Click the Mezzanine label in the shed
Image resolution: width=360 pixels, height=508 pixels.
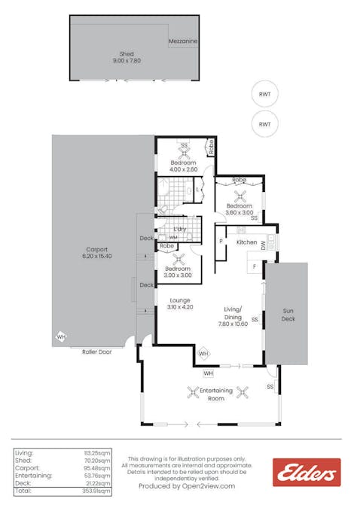[183, 40]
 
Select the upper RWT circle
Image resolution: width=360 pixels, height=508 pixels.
[264, 95]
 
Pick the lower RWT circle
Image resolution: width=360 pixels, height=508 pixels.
[264, 123]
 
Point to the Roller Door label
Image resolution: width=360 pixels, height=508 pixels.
[96, 351]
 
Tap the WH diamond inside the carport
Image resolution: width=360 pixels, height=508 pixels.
[60, 338]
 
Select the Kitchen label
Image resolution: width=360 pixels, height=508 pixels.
[247, 242]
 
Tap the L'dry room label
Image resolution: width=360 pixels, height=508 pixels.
[180, 229]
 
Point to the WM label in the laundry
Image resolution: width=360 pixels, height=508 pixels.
[173, 237]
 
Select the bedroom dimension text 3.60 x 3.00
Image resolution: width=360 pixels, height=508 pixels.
[239, 212]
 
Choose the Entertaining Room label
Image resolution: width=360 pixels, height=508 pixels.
[216, 394]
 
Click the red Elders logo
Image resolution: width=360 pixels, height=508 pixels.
[307, 472]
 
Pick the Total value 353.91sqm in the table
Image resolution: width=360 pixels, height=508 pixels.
[96, 491]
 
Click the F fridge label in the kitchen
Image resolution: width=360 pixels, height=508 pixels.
[255, 268]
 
